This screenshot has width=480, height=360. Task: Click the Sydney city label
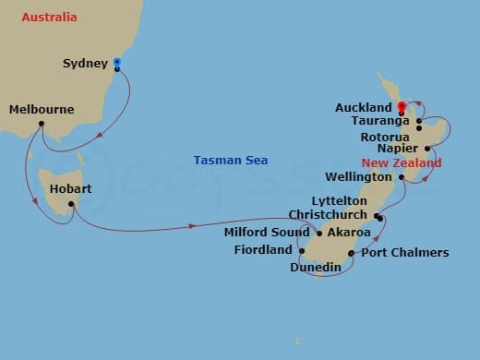[85, 64]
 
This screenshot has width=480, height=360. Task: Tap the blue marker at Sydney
[117, 64]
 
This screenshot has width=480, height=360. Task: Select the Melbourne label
[41, 110]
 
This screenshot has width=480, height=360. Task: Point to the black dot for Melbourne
[42, 124]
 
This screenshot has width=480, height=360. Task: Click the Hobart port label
[71, 189]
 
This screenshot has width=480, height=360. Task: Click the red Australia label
[49, 18]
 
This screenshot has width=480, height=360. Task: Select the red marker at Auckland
[401, 105]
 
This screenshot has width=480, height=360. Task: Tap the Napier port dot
[427, 148]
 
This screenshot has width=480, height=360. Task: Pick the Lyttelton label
[340, 200]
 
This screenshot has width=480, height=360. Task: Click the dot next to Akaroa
[320, 233]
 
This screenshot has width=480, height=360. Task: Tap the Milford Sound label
[267, 233]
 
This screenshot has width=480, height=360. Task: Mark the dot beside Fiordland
[302, 250]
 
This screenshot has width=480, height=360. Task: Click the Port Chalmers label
[405, 252]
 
